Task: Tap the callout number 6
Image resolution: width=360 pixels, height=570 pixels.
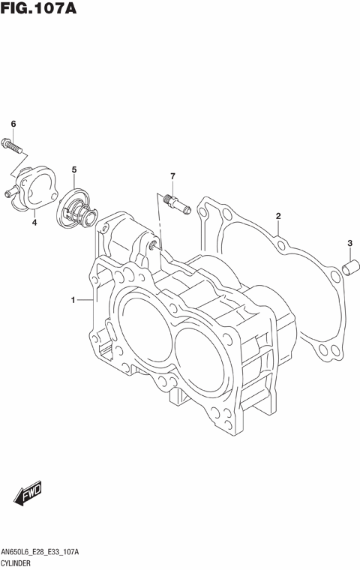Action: [x=13, y=124]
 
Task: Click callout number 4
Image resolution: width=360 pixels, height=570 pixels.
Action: [x=34, y=223]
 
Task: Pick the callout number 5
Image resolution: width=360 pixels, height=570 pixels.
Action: [x=74, y=170]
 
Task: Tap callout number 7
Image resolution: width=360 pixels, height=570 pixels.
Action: [x=172, y=176]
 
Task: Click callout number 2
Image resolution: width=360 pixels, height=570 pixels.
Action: [x=277, y=217]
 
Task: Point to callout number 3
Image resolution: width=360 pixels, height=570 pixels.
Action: [x=349, y=243]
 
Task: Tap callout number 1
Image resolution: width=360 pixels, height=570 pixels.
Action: [x=73, y=301]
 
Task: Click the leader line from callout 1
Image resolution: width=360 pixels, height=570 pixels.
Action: [x=85, y=301]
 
